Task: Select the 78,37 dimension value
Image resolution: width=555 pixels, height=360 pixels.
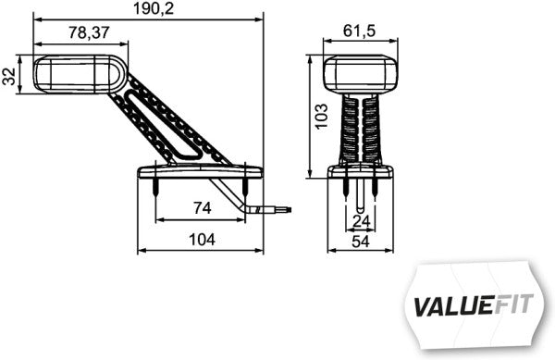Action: tap(93, 32)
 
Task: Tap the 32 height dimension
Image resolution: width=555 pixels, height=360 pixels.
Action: tap(10, 75)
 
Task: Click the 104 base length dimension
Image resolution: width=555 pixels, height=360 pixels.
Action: tap(201, 240)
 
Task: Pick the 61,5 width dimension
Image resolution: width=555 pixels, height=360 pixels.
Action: tap(362, 32)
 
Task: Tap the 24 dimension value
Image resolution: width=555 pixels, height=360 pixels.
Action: tap(362, 221)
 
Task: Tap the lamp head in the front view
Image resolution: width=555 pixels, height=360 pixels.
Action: tap(362, 73)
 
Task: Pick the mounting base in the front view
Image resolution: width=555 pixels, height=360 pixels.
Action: tap(362, 170)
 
